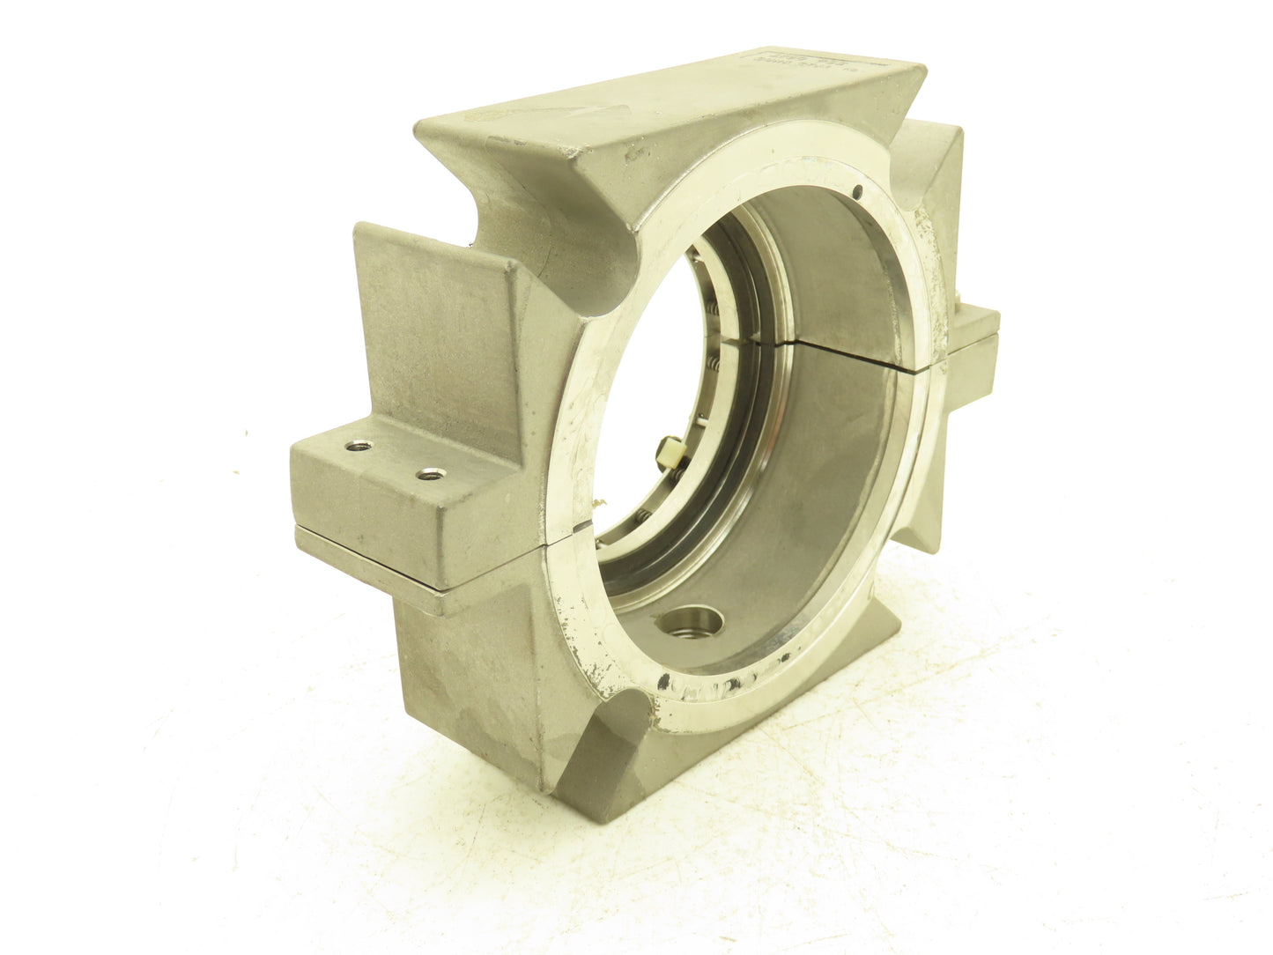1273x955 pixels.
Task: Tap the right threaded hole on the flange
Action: click(x=429, y=475)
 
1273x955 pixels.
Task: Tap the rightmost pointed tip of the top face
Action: click(x=925, y=67)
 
